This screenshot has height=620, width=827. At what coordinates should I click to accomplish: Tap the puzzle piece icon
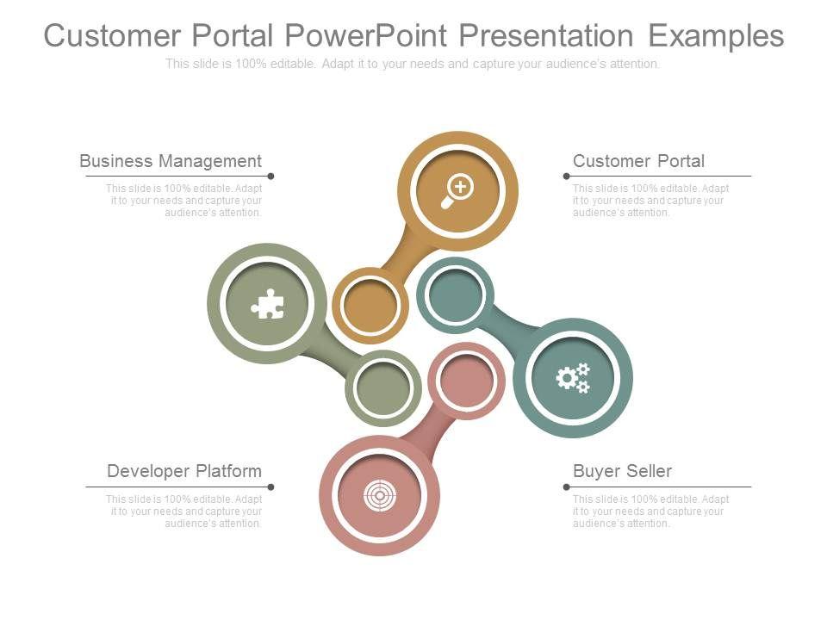click(267, 304)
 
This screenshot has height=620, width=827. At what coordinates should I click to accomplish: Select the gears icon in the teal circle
click(573, 378)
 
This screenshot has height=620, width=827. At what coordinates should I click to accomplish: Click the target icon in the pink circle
click(379, 495)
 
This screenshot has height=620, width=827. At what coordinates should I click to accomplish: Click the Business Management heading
click(171, 161)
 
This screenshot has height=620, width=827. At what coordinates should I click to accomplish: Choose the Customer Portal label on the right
click(638, 161)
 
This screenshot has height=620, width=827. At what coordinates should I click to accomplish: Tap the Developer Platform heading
click(184, 471)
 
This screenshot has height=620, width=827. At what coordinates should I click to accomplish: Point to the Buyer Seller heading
click(622, 471)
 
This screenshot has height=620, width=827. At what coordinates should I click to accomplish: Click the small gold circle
click(370, 305)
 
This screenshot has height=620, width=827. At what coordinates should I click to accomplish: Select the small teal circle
click(454, 294)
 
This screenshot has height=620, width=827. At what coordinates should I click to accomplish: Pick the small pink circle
click(466, 380)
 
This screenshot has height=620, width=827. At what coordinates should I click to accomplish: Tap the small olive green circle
click(382, 387)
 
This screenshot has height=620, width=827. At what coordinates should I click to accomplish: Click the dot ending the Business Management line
click(270, 176)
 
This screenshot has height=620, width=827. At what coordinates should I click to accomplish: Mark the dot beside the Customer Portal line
click(566, 176)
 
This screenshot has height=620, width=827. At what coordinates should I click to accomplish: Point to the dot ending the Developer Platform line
click(270, 487)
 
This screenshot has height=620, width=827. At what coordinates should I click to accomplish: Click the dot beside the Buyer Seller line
click(566, 487)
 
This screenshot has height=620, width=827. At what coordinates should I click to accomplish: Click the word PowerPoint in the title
click(366, 36)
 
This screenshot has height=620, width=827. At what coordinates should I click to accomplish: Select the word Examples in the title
click(716, 36)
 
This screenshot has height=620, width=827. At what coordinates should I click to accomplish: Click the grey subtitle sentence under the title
click(413, 64)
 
